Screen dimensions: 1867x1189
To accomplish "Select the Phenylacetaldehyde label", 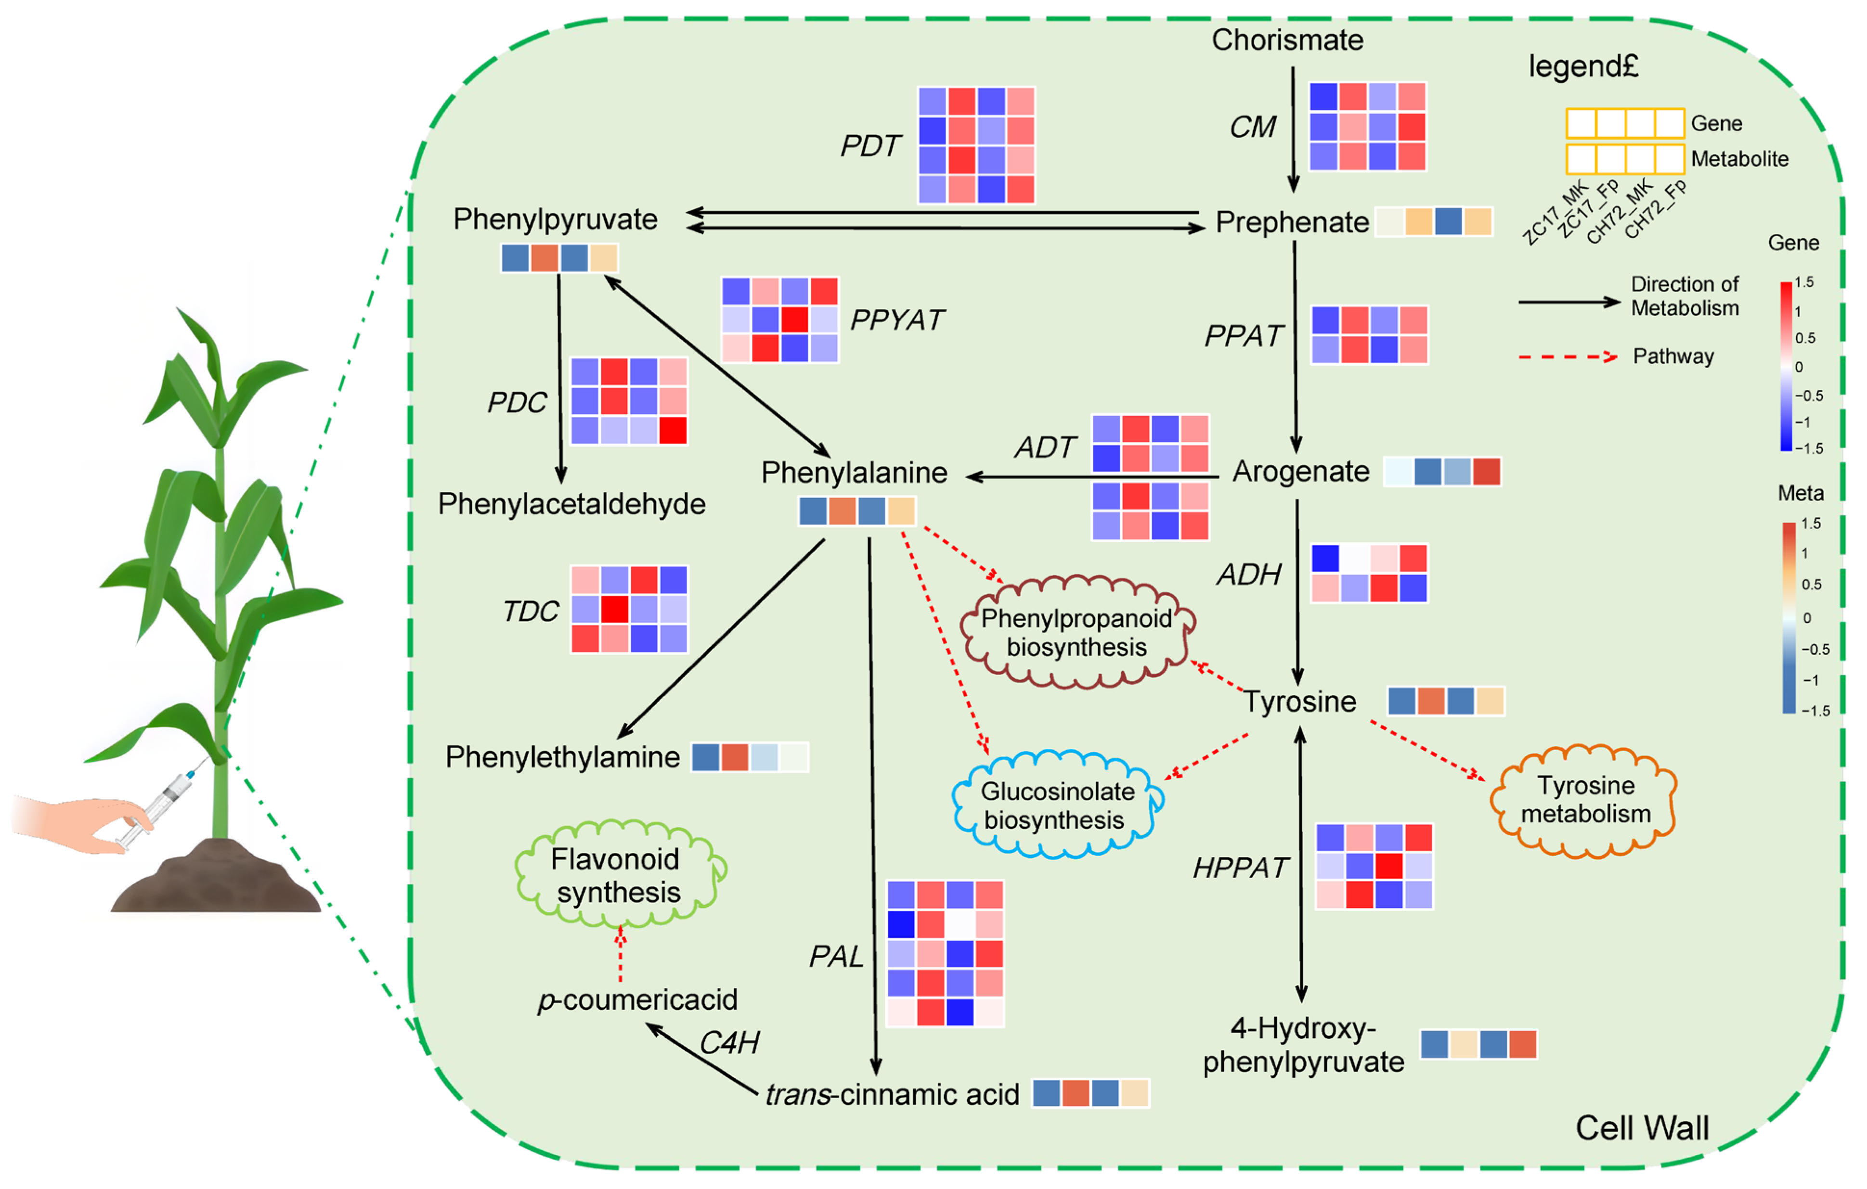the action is point(571,504).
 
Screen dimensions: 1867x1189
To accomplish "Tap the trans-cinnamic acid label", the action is point(892,1094).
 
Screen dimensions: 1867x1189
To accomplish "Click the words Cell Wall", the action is point(1642,1128).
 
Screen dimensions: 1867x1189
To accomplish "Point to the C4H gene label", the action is point(729,1043).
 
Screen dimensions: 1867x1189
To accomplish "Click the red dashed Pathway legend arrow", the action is point(1568,357).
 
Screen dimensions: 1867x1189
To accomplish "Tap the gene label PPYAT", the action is point(897,320).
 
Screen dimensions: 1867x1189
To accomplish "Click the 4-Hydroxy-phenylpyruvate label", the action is point(1303,1045).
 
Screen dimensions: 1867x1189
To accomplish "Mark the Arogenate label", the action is point(1301,471).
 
